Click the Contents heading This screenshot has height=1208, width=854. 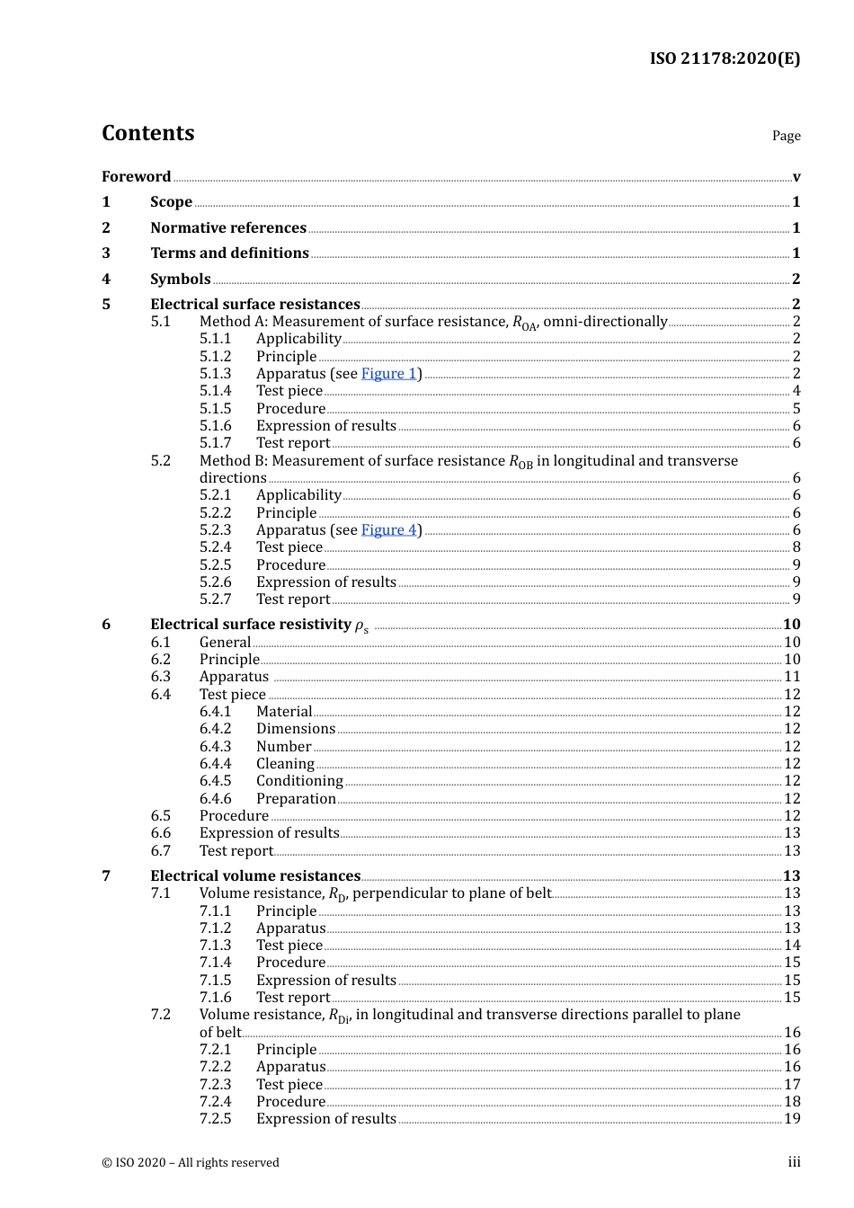147,133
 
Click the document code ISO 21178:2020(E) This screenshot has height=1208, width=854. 725,58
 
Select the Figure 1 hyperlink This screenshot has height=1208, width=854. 388,374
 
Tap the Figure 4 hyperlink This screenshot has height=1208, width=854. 388,530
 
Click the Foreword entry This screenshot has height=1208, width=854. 136,177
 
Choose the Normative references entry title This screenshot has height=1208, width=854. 228,228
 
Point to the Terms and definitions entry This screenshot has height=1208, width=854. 229,253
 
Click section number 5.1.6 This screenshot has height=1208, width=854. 215,426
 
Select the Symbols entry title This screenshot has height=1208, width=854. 180,280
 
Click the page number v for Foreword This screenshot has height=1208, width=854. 796,177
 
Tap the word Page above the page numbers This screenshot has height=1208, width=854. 786,136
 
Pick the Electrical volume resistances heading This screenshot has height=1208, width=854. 255,876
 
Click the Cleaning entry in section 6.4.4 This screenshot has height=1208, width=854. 285,764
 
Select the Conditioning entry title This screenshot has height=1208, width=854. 299,781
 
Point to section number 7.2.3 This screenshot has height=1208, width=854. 215,1085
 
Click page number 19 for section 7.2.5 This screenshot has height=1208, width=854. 792,1119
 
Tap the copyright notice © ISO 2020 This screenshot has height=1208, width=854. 190,1163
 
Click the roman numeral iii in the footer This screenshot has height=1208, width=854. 794,1162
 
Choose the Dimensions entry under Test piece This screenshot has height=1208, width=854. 296,729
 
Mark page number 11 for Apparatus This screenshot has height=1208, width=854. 792,677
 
